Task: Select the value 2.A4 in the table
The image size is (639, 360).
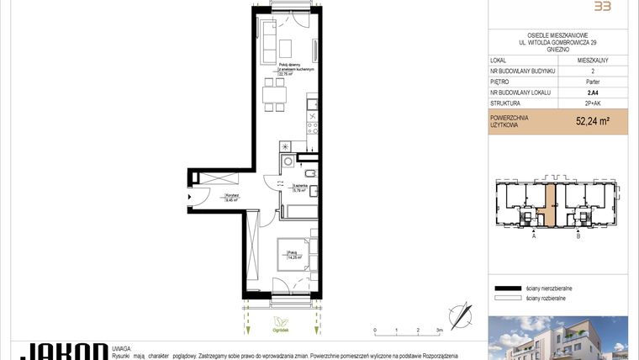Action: coord(593,93)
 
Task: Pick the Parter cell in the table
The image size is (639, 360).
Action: coord(593,82)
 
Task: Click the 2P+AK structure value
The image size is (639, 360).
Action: coord(593,103)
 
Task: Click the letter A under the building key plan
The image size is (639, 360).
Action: coord(534,238)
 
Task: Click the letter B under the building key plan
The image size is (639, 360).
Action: coord(578,238)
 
